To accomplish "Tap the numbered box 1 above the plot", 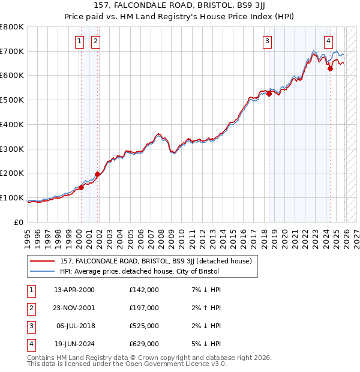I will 80,41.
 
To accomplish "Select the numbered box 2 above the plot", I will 95,41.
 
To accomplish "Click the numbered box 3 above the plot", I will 267,41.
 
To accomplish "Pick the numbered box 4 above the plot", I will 329,41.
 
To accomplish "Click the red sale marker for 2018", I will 269,94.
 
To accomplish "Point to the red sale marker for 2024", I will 330,68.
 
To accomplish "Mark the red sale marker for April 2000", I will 81,187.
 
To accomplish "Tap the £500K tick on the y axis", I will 12,100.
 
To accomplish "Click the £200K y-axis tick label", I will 12,173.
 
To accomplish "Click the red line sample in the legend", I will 43,261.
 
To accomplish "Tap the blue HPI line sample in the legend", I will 43,271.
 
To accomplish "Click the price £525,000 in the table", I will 144,326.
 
